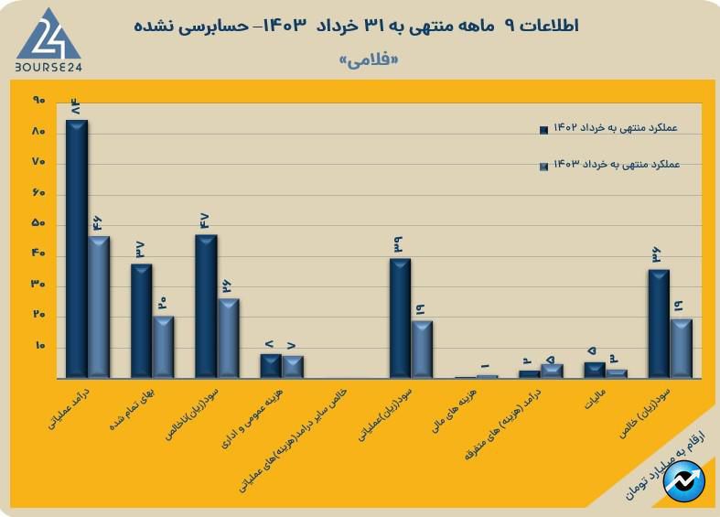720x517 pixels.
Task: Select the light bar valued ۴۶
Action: [x=99, y=307]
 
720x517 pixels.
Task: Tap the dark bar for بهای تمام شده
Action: [x=142, y=321]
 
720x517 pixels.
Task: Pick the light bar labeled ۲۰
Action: [x=163, y=348]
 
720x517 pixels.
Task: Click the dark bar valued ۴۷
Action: [x=206, y=307]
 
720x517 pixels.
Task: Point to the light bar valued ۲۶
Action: [x=228, y=339]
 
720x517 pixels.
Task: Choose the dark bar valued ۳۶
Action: [x=659, y=324]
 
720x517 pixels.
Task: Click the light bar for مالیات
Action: [x=617, y=373]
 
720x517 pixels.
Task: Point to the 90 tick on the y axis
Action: [x=38, y=100]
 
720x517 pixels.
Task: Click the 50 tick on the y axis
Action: [x=38, y=224]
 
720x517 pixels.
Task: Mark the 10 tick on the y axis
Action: [x=38, y=347]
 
